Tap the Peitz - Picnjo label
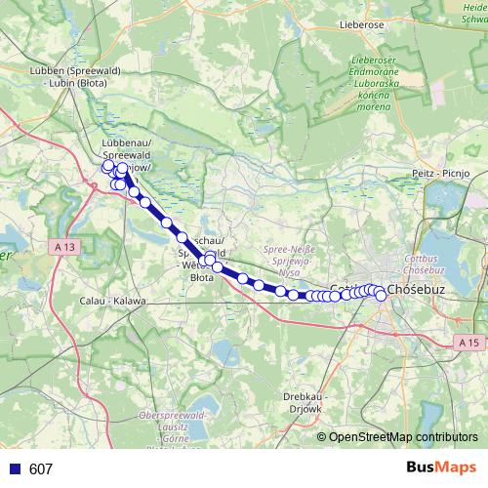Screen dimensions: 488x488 pyautogui.click(x=443, y=172)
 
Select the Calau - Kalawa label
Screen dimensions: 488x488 pyautogui.click(x=112, y=300)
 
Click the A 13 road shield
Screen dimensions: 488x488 pyautogui.click(x=64, y=248)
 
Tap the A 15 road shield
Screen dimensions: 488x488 pyautogui.click(x=469, y=343)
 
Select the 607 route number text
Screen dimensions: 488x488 pyautogui.click(x=41, y=469)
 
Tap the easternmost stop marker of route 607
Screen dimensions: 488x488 pyautogui.click(x=381, y=297)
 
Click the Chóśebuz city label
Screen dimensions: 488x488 pyautogui.click(x=417, y=290)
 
